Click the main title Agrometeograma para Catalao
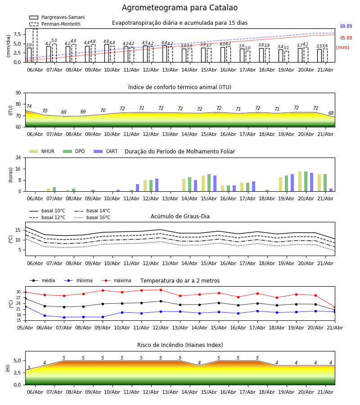[x=180, y=8]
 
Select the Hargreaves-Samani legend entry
[x=57, y=17]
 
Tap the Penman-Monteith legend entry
[x=55, y=24]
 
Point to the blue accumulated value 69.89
[x=346, y=26]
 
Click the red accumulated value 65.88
[x=346, y=38]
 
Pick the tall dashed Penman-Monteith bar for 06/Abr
[x=35, y=45]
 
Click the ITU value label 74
[x=29, y=106]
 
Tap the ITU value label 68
[x=331, y=113]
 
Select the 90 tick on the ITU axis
[x=18, y=93]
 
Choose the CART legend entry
[x=106, y=151]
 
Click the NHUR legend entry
[x=42, y=151]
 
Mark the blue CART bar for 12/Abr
[x=157, y=185]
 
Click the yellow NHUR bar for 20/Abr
[x=300, y=181]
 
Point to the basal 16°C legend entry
[x=92, y=217]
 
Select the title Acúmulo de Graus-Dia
[x=180, y=216]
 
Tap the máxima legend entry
[x=116, y=280]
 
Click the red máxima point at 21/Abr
[x=335, y=307]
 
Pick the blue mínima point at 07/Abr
[x=64, y=317]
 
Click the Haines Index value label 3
[x=29, y=368]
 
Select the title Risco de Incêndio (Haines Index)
[x=180, y=345]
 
